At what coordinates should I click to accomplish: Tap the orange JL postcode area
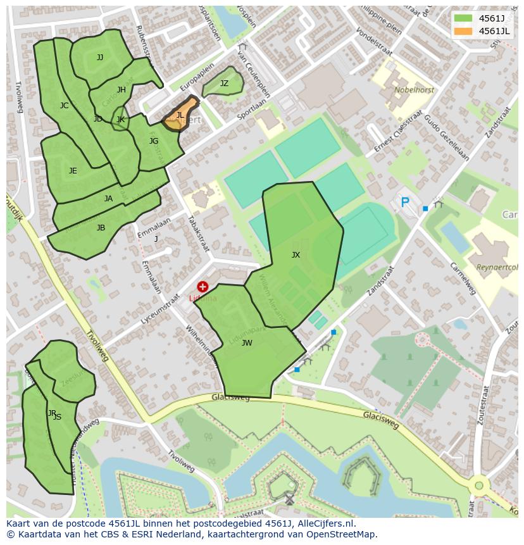pos(180,115)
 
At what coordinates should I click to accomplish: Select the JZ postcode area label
pos(224,84)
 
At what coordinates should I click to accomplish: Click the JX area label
pos(296,254)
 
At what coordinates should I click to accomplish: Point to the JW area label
pos(247,343)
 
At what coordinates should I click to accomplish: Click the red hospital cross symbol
pos(203,287)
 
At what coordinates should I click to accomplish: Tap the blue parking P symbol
pos(405,203)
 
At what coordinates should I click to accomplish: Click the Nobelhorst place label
pos(414,90)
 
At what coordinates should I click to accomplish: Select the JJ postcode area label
pos(100,58)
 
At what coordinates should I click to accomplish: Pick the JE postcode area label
pos(73,171)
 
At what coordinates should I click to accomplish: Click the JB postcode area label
pos(101,228)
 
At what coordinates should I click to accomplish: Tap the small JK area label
pos(120,119)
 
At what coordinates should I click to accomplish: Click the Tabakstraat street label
pos(198,233)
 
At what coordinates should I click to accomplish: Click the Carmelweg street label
pos(463,279)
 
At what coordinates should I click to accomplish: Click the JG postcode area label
pos(154,141)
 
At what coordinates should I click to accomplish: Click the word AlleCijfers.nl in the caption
pos(323,524)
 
